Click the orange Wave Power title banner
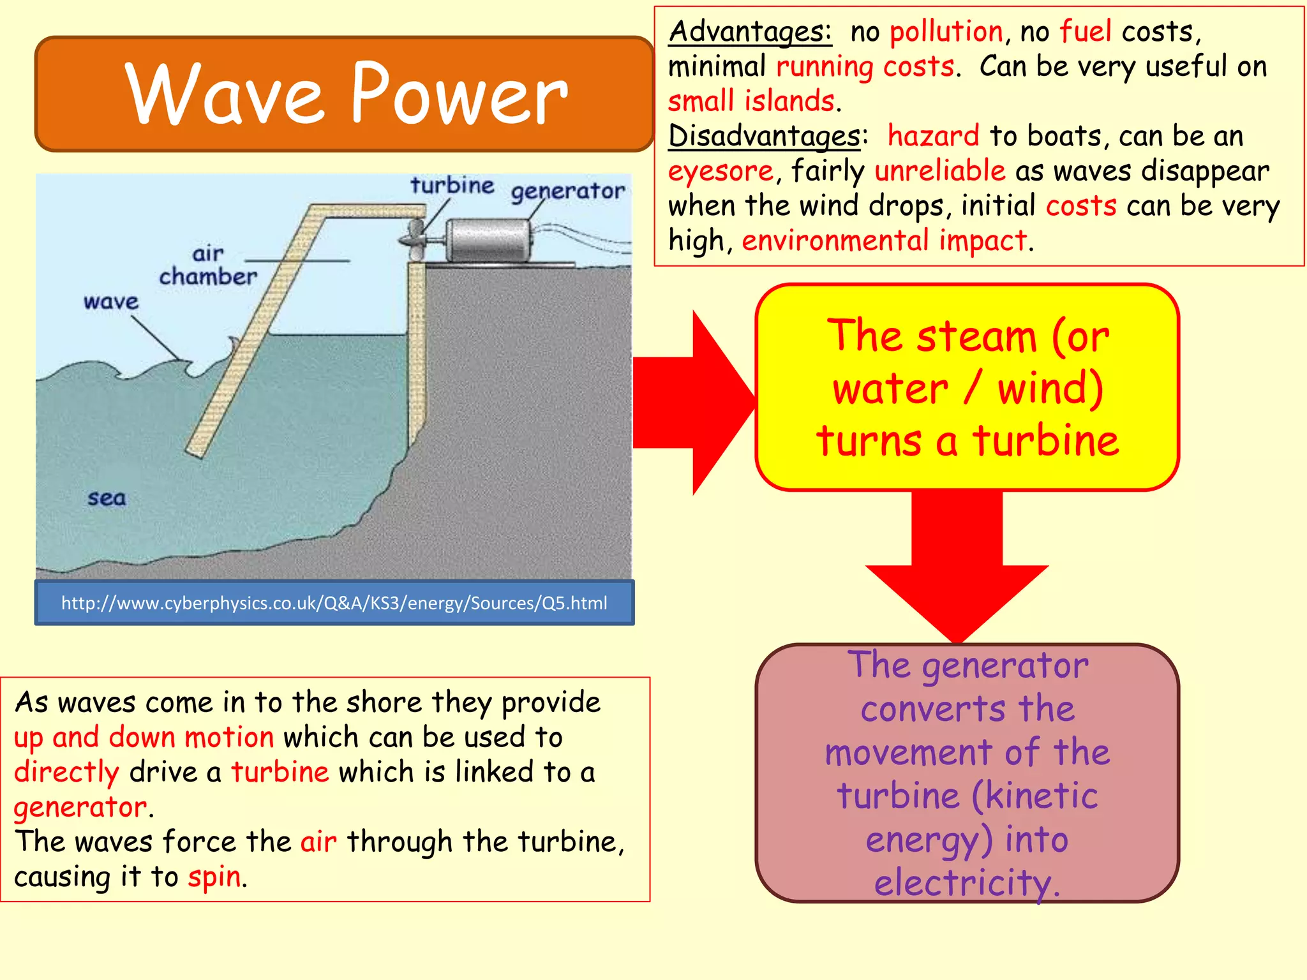pos(345,94)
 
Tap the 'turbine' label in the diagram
pos(452,186)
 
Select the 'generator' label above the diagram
pos(567,191)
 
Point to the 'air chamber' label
pos(208,265)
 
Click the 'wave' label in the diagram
pos(110,301)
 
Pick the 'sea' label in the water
pos(107,498)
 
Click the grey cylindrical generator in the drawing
pos(488,240)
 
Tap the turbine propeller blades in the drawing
pos(414,239)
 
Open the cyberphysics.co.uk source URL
pos(334,602)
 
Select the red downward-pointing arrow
pos(957,574)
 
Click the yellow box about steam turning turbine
pos(967,387)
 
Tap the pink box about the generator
pos(967,773)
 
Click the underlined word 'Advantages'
pos(750,32)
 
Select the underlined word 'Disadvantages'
pos(764,137)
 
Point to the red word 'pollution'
pos(946,32)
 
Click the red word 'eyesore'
pos(721,171)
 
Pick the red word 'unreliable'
pos(939,171)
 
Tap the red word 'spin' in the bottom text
pos(214,877)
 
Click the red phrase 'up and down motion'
pos(144,738)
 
